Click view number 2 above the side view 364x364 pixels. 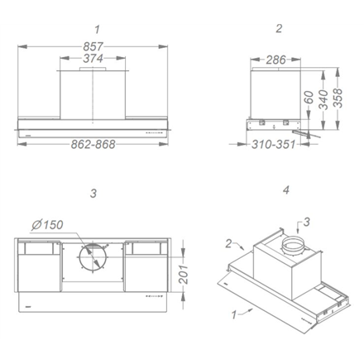point(279,28)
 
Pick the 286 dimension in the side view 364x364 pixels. point(271,60)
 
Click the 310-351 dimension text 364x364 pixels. point(273,145)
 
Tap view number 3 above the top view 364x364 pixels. point(93,194)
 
